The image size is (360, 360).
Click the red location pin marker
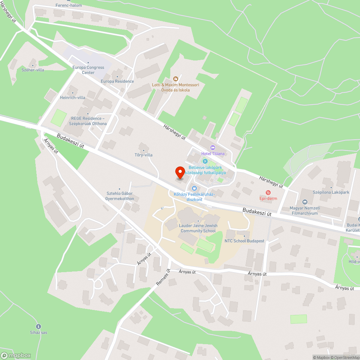[x=180, y=172]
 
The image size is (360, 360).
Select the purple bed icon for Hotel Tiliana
[x=213, y=148]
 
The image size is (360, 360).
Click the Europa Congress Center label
[x=88, y=70]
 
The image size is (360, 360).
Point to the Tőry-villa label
[x=143, y=155]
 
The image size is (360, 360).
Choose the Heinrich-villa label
[x=72, y=98]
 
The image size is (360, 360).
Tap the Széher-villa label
[x=33, y=70]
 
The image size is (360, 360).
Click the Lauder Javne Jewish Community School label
[x=198, y=228]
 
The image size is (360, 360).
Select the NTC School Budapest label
[x=244, y=241]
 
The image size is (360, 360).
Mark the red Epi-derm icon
[x=268, y=193]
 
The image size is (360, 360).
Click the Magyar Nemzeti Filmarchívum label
[x=305, y=211]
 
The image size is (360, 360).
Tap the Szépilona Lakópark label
[x=331, y=192]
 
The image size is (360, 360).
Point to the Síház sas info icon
[x=39, y=326]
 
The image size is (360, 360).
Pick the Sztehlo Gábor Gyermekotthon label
[x=120, y=196]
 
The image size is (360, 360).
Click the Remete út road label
[x=163, y=278]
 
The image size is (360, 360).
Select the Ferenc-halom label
[x=69, y=5]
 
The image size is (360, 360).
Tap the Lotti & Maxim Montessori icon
[x=176, y=79]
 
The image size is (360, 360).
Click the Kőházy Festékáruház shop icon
[x=194, y=188]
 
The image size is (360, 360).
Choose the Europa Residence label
[x=117, y=81]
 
